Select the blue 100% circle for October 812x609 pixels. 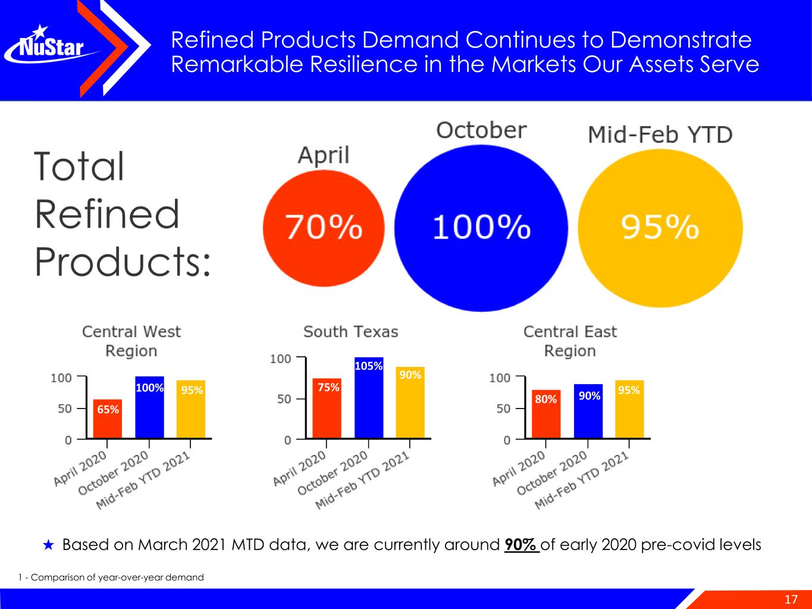pos(481,227)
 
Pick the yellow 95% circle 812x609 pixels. pos(660,227)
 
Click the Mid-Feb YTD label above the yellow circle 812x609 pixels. pos(660,135)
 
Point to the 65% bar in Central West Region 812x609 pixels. pos(108,419)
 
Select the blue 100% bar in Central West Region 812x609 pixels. pos(149,407)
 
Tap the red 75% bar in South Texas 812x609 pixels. pos(327,408)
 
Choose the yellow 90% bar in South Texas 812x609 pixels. pos(410,403)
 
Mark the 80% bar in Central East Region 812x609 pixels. pos(546,414)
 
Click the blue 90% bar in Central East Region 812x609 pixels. pos(588,411)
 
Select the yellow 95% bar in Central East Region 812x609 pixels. pos(629,409)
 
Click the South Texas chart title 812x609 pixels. pos(350,332)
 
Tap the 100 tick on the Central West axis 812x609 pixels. pos(61,378)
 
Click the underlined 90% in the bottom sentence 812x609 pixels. pos(521,545)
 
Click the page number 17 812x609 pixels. pos(791,599)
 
